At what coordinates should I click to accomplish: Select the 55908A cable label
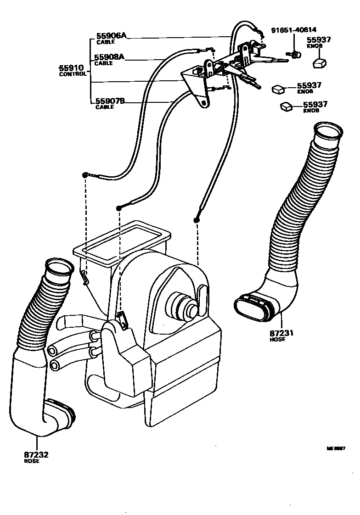pyautogui.click(x=109, y=57)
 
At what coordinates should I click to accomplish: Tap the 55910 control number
pyautogui.click(x=71, y=68)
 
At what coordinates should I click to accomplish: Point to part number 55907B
pyautogui.click(x=110, y=101)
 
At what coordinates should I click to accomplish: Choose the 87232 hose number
pyautogui.click(x=36, y=455)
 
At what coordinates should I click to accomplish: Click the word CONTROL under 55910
pyautogui.click(x=73, y=74)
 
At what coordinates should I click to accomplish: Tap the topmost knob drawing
pyautogui.click(x=320, y=63)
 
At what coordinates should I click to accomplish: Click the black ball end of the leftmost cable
pyautogui.click(x=85, y=175)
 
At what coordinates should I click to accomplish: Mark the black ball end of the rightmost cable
pyautogui.click(x=197, y=221)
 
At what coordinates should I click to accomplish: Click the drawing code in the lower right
pyautogui.click(x=336, y=448)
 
